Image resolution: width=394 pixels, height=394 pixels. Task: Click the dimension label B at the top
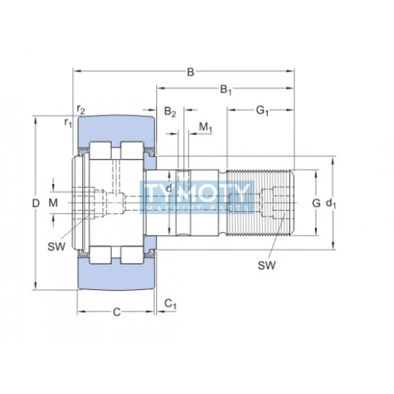pyautogui.click(x=190, y=72)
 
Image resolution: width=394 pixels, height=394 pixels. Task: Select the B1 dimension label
pyautogui.click(x=226, y=90)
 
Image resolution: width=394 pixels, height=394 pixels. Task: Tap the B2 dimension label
pyautogui.click(x=170, y=112)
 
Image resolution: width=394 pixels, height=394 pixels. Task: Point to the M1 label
pyautogui.click(x=205, y=128)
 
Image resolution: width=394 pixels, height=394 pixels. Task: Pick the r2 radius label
pyautogui.click(x=81, y=109)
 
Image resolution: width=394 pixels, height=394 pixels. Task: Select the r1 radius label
pyautogui.click(x=68, y=122)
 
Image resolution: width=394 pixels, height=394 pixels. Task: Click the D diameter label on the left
pyautogui.click(x=35, y=203)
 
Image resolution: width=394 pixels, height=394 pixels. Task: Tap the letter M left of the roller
pyautogui.click(x=53, y=202)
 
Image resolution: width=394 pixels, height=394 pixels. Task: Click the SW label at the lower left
pyautogui.click(x=57, y=246)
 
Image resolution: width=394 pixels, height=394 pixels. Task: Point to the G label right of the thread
pyautogui.click(x=316, y=202)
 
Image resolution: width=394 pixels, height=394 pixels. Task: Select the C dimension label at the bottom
pyautogui.click(x=116, y=311)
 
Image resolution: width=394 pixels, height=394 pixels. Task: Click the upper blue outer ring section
pyautogui.click(x=116, y=129)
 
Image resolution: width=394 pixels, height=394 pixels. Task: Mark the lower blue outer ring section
pyautogui.click(x=116, y=276)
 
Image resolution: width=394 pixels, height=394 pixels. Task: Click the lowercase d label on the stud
pyautogui.click(x=168, y=189)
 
